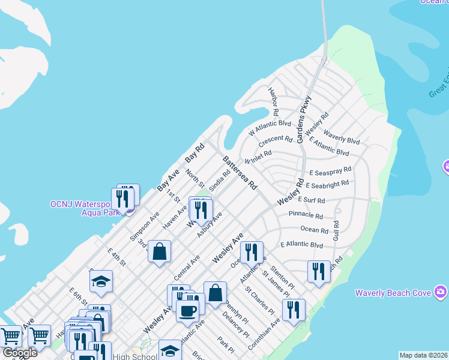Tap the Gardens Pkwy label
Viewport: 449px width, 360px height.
tap(303, 116)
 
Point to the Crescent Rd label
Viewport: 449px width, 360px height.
tap(276, 142)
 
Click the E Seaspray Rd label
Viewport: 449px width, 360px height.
tap(328, 172)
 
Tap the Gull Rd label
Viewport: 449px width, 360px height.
tap(336, 231)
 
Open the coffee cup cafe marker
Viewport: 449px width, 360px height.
tap(187, 311)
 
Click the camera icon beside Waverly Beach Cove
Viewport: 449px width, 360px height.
tap(442, 292)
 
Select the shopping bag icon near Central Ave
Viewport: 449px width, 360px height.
tap(160, 252)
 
